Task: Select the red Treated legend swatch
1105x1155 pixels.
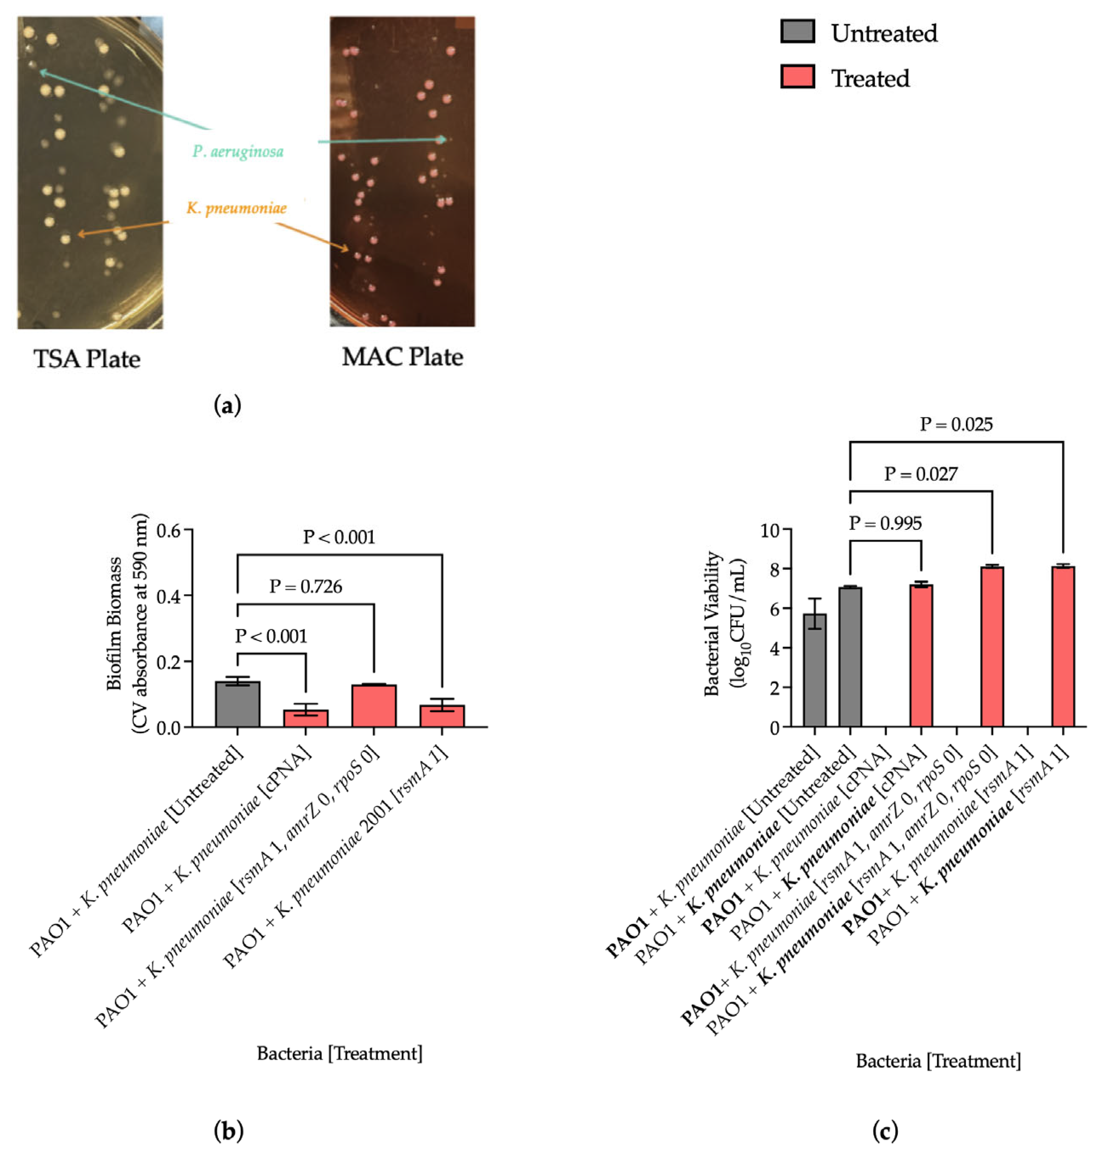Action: pyautogui.click(x=797, y=77)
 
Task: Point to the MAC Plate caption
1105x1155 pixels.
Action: pyautogui.click(x=402, y=356)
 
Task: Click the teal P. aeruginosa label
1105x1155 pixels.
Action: pyautogui.click(x=238, y=152)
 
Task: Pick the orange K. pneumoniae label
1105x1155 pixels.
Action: pyautogui.click(x=237, y=208)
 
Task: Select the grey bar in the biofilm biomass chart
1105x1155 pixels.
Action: pyautogui.click(x=237, y=704)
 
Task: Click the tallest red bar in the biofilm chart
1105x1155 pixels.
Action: pyautogui.click(x=374, y=706)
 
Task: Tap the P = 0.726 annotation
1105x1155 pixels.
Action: pyautogui.click(x=306, y=586)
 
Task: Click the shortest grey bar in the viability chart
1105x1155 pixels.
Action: pyautogui.click(x=815, y=670)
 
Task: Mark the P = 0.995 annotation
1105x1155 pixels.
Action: pyautogui.click(x=885, y=523)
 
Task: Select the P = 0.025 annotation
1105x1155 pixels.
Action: pyautogui.click(x=956, y=424)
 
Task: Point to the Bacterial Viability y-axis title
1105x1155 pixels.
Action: pyautogui.click(x=725, y=623)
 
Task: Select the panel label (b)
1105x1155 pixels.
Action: pyautogui.click(x=228, y=1130)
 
